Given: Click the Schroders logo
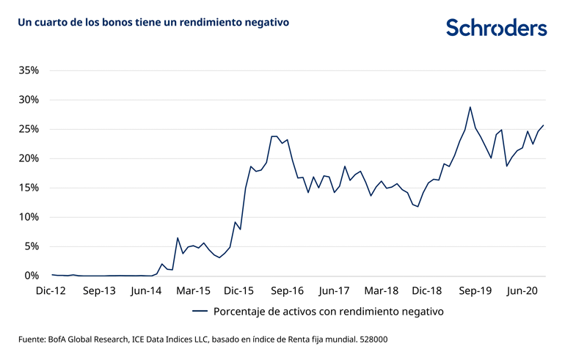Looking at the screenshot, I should [497, 27].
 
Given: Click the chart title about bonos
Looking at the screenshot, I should [153, 23].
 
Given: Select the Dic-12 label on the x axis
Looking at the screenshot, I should [52, 291].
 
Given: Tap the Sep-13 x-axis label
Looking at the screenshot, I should [99, 291].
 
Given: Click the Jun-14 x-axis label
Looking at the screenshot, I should [146, 291].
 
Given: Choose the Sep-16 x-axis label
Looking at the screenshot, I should [288, 291].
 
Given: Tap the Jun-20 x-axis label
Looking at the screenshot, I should [522, 291].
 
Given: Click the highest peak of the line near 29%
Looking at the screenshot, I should [470, 107].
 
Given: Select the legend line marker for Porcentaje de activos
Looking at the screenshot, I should [200, 311].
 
